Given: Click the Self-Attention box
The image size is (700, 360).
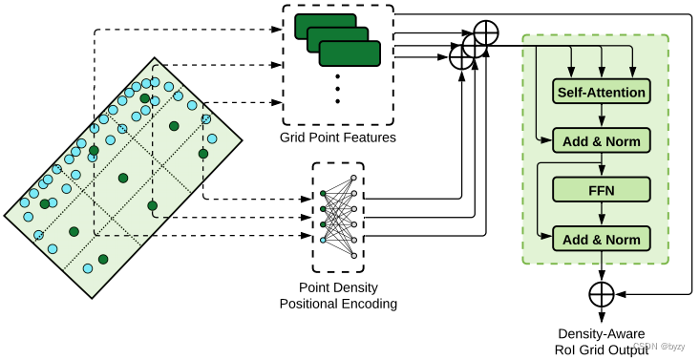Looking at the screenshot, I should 601,92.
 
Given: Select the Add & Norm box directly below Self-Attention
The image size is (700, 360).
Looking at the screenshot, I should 601,141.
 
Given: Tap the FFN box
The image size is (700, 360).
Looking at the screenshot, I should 601,190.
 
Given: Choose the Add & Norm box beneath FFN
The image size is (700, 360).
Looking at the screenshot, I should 601,238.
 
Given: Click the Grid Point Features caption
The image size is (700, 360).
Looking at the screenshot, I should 337,138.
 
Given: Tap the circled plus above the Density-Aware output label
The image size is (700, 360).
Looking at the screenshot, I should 601,292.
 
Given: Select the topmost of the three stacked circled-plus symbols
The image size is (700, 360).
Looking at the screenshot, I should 486,32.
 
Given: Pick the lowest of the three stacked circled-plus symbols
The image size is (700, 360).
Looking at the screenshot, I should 461,58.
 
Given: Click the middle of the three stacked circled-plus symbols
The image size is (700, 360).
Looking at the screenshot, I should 474,46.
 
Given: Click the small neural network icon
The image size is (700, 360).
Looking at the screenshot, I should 338,216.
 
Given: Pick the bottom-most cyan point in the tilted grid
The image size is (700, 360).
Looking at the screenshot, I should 88,268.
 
